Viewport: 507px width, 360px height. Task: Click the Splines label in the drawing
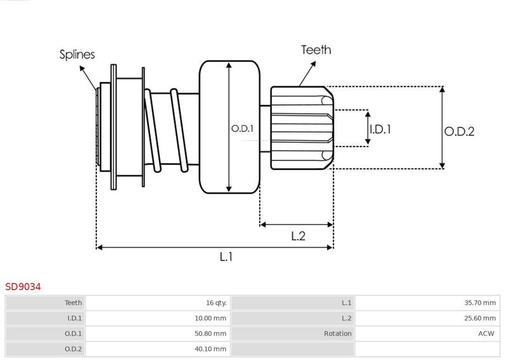pyautogui.click(x=77, y=55)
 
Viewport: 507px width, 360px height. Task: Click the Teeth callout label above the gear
pyautogui.click(x=316, y=49)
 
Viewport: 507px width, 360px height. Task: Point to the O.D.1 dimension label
pyautogui.click(x=242, y=129)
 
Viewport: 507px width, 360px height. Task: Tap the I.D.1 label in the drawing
pyautogui.click(x=380, y=129)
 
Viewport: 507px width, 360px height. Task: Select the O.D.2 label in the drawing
pyautogui.click(x=459, y=131)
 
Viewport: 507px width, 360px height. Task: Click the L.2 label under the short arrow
pyautogui.click(x=298, y=236)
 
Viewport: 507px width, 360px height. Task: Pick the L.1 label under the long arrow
pyautogui.click(x=226, y=257)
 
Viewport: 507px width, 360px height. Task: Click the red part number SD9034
pyautogui.click(x=23, y=287)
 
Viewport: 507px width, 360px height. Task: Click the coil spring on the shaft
pyautogui.click(x=167, y=130)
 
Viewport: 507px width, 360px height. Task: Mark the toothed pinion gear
pyautogui.click(x=301, y=129)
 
